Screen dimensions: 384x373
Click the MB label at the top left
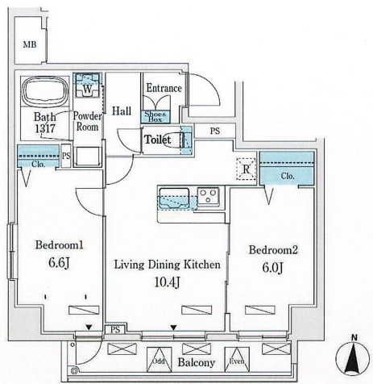pos(29,44)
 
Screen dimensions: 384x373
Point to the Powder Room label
pos(88,120)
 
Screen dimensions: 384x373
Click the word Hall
pos(122,111)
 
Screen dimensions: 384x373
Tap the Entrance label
pos(164,88)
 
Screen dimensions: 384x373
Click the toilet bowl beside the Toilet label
pos(184,140)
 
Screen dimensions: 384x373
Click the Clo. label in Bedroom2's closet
pos(288,177)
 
